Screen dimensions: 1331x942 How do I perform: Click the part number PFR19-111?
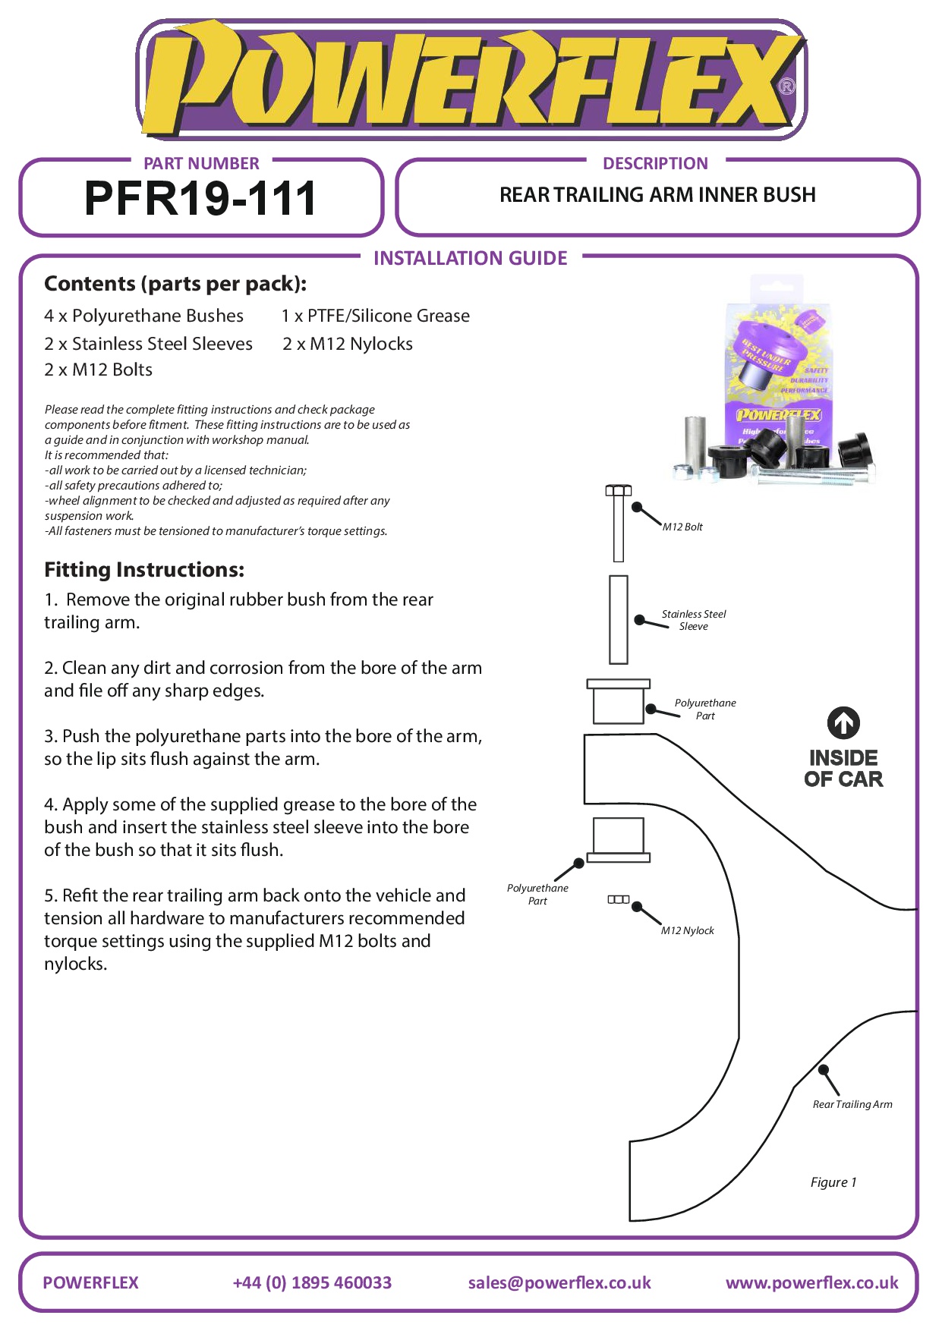click(x=200, y=199)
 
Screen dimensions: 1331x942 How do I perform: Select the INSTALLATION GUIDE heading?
click(x=470, y=258)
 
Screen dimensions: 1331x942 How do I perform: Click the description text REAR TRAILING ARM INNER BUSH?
click(x=657, y=195)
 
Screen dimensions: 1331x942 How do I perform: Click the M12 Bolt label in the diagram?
click(x=682, y=527)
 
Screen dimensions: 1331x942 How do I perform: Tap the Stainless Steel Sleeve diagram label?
click(x=694, y=620)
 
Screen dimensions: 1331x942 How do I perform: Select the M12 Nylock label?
click(x=687, y=930)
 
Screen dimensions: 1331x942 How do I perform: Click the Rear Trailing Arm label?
click(x=852, y=1104)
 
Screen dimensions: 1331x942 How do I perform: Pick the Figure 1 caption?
click(x=833, y=1182)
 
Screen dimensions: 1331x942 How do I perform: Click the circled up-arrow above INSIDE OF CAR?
click(x=843, y=723)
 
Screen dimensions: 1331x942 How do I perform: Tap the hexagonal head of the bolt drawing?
click(x=619, y=490)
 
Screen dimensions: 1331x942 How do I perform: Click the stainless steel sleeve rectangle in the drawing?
click(x=619, y=619)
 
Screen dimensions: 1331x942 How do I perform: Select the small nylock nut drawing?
click(x=619, y=899)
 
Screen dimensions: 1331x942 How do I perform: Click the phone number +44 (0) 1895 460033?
click(x=312, y=1282)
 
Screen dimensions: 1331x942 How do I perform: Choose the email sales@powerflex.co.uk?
click(x=559, y=1282)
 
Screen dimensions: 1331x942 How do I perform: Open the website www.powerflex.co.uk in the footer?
click(x=811, y=1282)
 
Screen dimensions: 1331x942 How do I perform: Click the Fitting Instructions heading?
click(x=144, y=570)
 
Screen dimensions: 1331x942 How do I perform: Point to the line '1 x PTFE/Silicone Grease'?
click(x=376, y=316)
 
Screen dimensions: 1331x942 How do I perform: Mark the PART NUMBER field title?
click(x=201, y=163)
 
